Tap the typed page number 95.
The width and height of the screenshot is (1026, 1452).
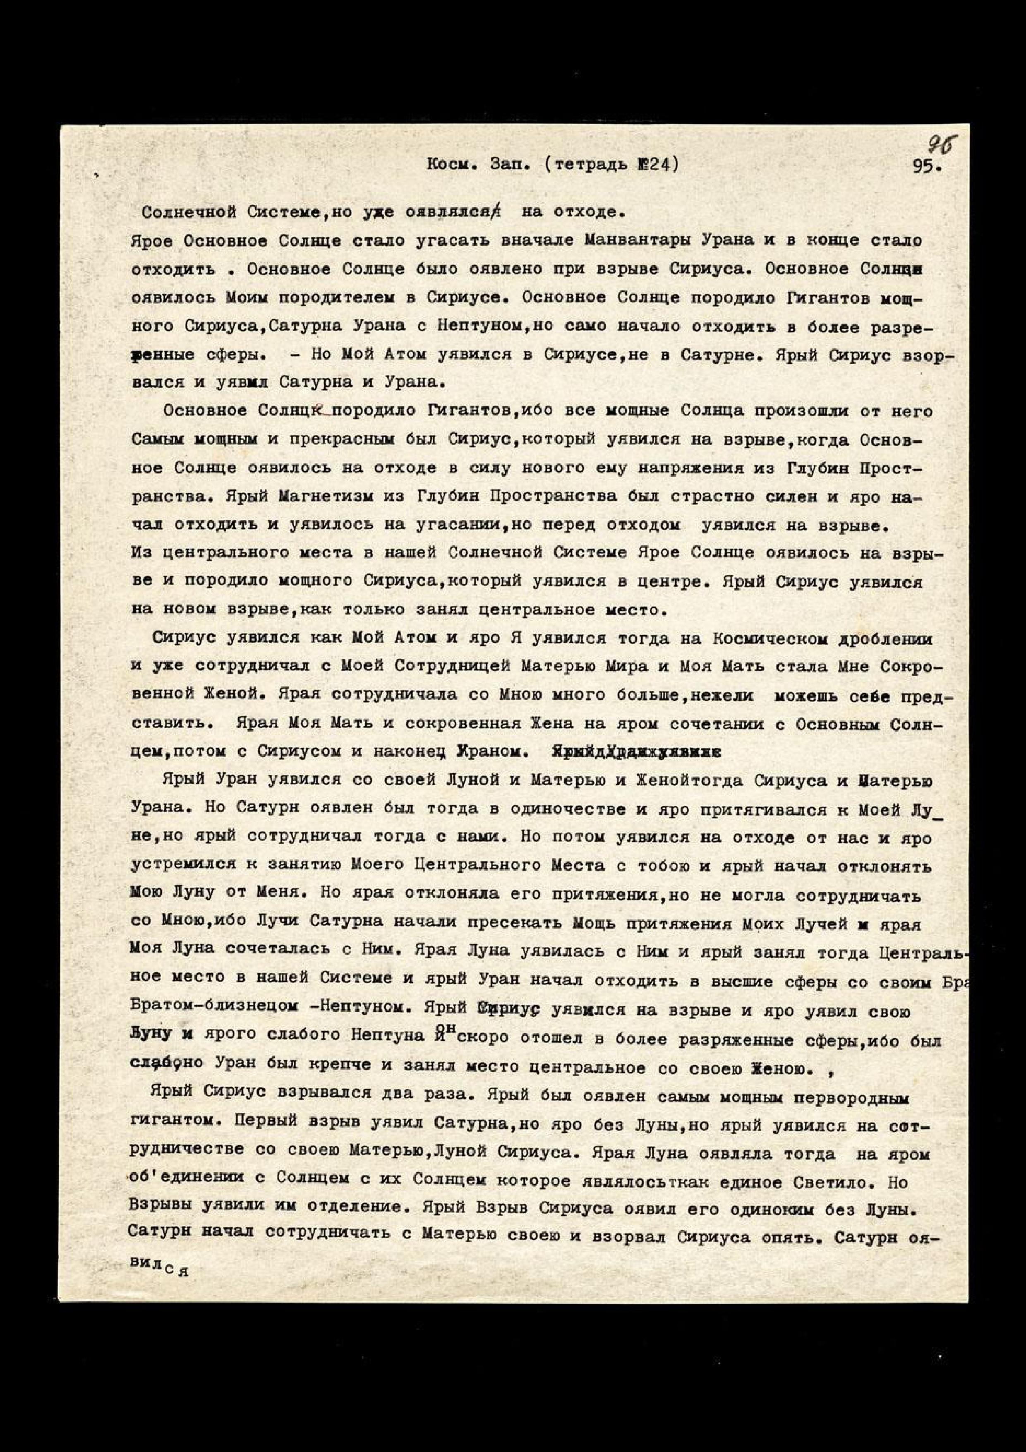[926, 166]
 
